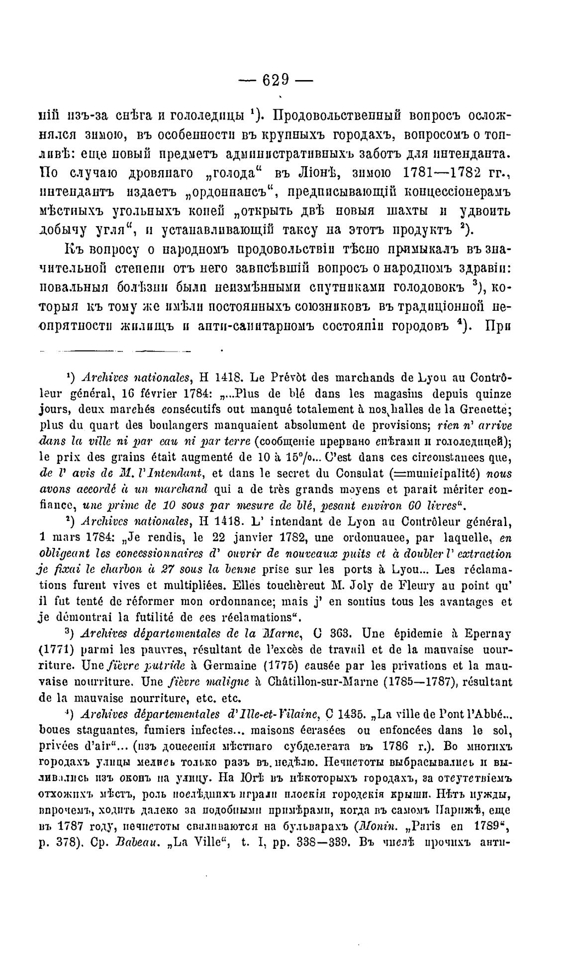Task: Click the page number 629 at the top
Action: tap(283, 81)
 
